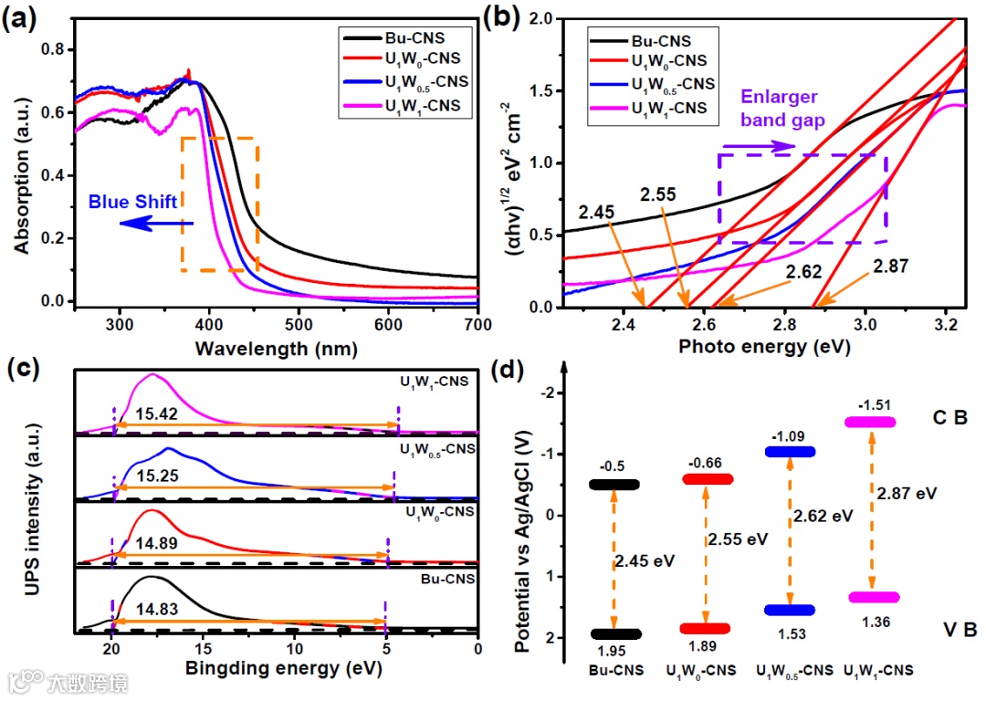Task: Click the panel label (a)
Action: click(25, 19)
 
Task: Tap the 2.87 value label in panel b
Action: click(891, 266)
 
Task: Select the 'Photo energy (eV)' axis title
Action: click(764, 348)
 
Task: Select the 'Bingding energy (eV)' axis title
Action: click(284, 669)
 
